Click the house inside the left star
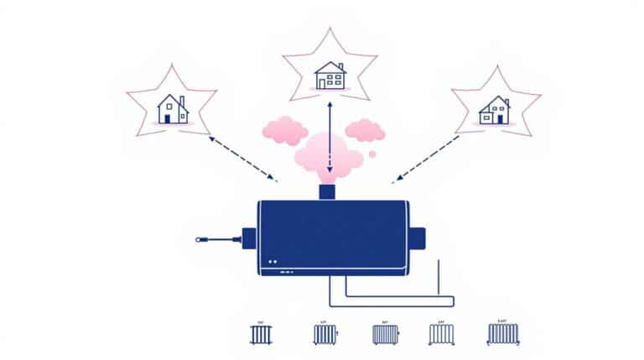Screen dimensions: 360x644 point(172,109)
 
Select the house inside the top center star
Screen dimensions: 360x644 point(330,76)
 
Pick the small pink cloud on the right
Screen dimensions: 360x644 point(364,129)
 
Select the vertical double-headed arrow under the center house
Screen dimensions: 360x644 point(330,134)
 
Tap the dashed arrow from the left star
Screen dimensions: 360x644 point(242,157)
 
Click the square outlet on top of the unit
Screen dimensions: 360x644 point(328,192)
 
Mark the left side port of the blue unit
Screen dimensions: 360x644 point(247,239)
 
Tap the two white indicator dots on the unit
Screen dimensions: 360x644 point(273,262)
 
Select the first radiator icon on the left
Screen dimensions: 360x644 point(261,334)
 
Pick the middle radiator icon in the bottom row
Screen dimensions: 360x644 point(385,334)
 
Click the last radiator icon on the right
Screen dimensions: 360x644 point(502,334)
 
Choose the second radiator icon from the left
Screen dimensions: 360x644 point(325,334)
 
